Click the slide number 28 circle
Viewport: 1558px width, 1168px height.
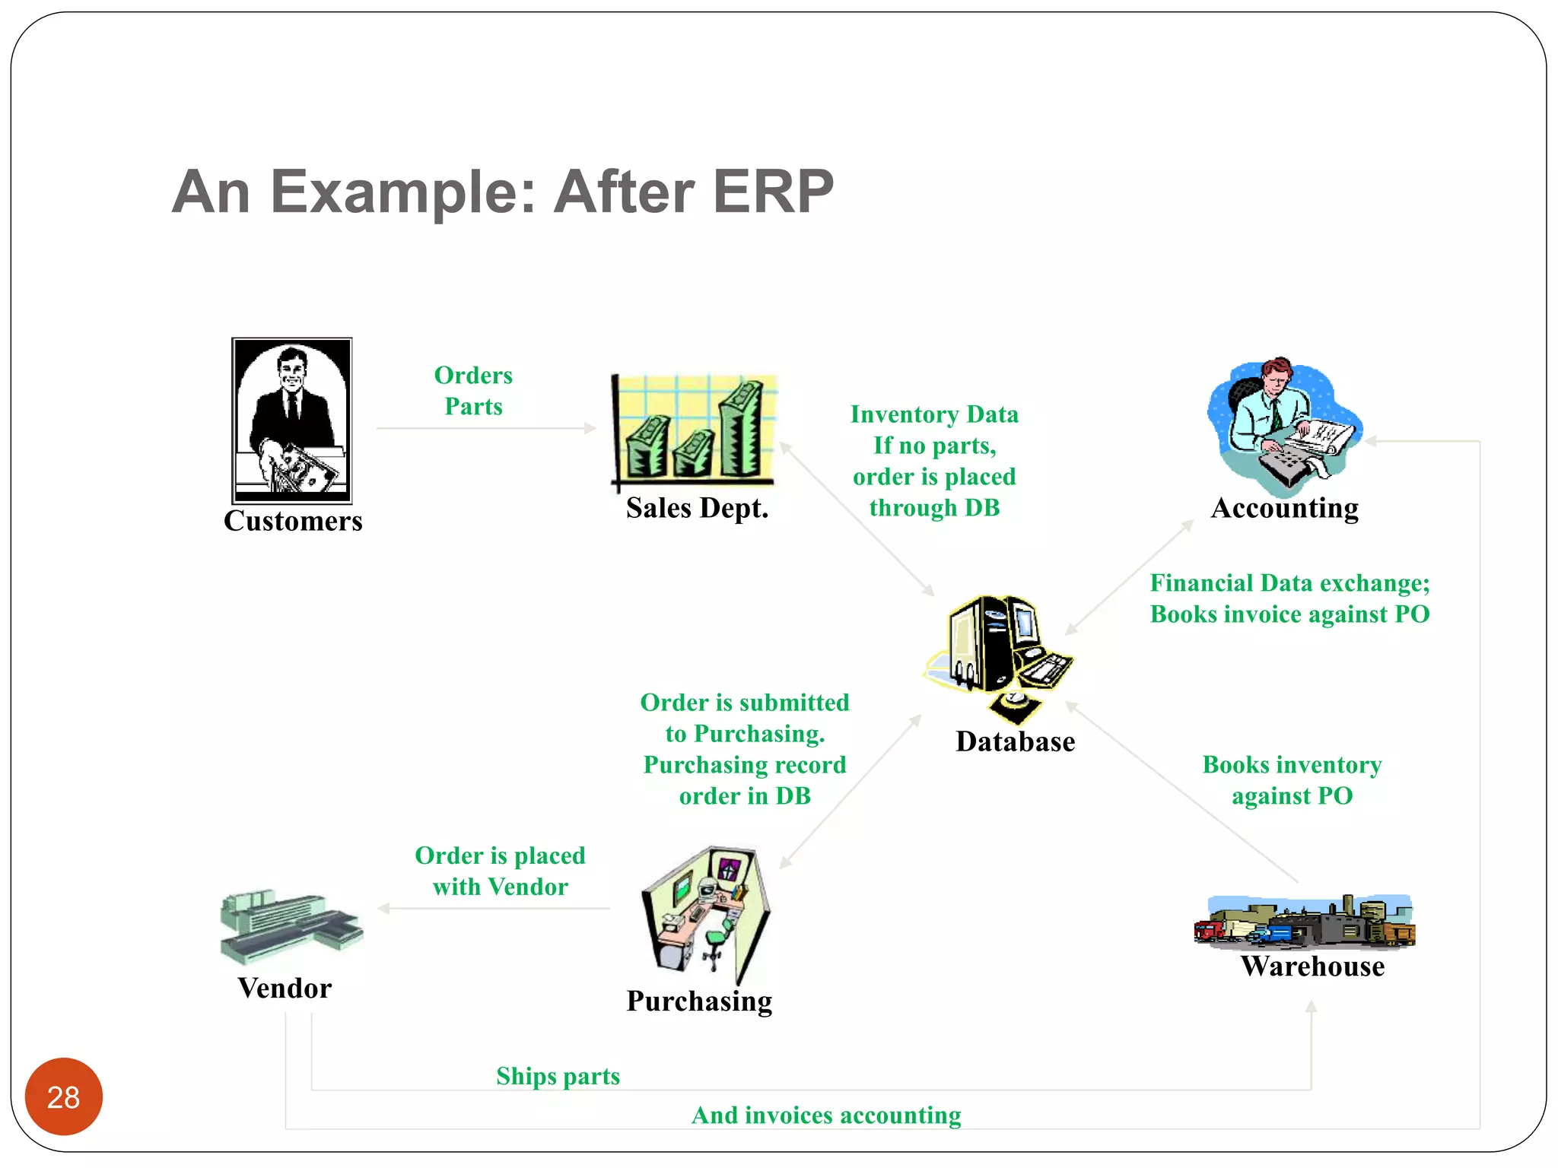pos(63,1097)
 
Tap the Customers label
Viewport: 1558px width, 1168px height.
pos(293,521)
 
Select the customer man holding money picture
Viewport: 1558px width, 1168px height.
pos(292,421)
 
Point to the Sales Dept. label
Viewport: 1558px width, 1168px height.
pos(697,508)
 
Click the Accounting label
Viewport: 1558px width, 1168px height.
pos(1284,508)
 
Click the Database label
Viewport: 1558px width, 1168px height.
pos(1015,741)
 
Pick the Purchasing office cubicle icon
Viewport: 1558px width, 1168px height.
pos(705,912)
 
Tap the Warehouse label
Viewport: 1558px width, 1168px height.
pos(1312,966)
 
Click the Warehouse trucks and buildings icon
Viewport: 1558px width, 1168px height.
pos(1305,922)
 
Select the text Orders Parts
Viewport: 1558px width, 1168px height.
pos(473,391)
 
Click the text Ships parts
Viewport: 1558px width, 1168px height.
pos(558,1076)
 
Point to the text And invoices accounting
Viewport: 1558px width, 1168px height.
pos(826,1115)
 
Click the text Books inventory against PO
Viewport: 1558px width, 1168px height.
pos(1292,780)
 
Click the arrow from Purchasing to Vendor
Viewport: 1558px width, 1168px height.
pos(494,908)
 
